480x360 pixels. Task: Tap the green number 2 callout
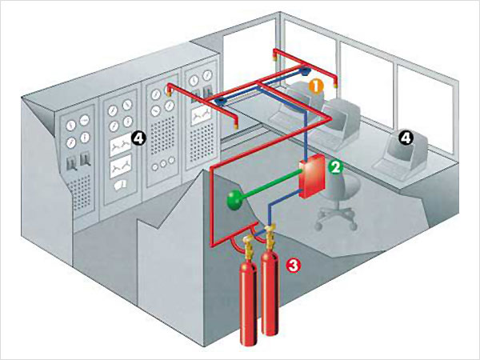pos(337,167)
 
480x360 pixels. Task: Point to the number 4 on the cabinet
pos(138,139)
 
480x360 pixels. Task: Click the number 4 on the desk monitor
pos(406,138)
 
